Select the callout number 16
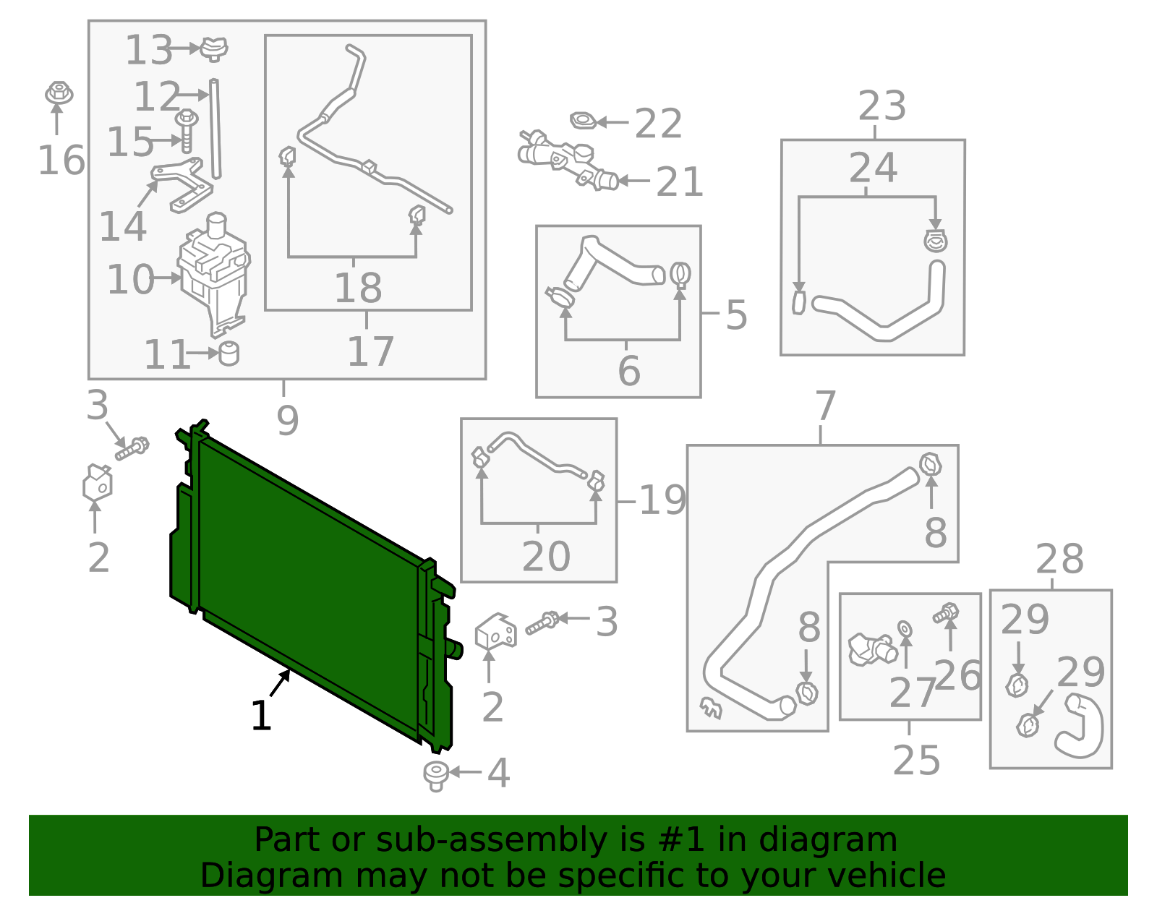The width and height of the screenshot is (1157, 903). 61,161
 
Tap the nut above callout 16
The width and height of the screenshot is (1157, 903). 59,93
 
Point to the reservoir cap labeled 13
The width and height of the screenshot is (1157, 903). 214,49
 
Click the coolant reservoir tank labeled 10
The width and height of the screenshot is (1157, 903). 214,274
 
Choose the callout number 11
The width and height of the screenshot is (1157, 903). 166,354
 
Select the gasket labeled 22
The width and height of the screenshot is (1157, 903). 583,121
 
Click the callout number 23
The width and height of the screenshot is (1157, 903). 881,106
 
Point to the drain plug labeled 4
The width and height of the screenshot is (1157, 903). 435,776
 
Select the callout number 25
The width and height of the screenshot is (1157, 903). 915,761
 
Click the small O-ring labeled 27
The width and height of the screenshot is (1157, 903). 905,629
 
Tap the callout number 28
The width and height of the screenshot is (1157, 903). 1059,560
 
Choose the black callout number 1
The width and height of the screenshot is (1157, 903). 261,716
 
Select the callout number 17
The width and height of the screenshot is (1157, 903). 370,351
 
